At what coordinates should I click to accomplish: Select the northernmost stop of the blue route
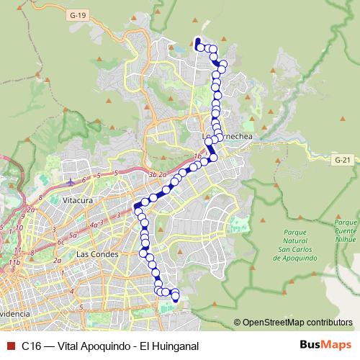198,41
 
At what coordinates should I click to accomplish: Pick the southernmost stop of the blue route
175,296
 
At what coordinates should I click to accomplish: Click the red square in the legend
9,346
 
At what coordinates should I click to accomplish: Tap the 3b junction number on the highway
152,174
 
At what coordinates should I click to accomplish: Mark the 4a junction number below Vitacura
93,225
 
